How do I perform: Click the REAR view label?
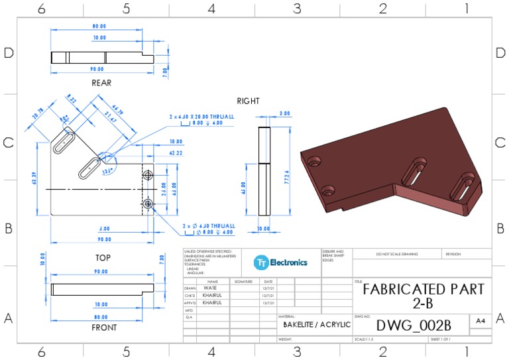click(x=101, y=83)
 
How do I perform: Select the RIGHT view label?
click(x=249, y=101)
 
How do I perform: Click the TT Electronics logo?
click(x=281, y=263)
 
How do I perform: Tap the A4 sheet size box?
click(x=480, y=321)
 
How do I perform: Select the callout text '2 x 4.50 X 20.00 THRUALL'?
click(x=201, y=116)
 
